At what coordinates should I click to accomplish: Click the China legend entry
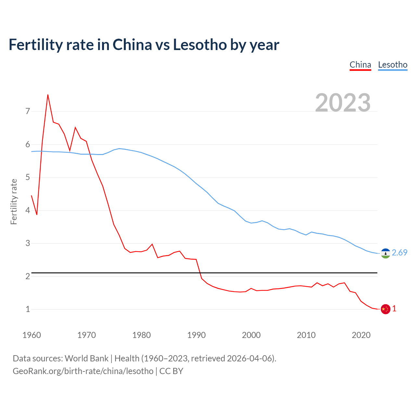(360, 65)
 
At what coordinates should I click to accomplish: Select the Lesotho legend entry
(393, 65)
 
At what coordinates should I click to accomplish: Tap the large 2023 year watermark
(343, 103)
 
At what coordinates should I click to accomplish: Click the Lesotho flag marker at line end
(385, 253)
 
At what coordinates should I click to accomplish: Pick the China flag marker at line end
(385, 309)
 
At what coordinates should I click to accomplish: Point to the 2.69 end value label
(399, 253)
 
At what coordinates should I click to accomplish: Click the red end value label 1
(394, 309)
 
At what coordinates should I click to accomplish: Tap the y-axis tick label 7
(28, 111)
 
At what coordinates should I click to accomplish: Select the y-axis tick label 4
(28, 210)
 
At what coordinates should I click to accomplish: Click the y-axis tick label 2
(28, 276)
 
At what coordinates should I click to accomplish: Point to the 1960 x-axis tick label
(32, 335)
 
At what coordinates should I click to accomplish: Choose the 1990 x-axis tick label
(196, 335)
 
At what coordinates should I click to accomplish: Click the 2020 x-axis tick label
(361, 335)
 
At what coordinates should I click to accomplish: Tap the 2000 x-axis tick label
(251, 335)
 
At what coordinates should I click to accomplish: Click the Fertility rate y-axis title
(14, 201)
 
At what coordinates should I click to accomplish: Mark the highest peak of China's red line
(48, 95)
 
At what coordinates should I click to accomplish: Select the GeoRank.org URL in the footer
(83, 371)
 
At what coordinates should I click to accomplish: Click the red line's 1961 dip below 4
(37, 214)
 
